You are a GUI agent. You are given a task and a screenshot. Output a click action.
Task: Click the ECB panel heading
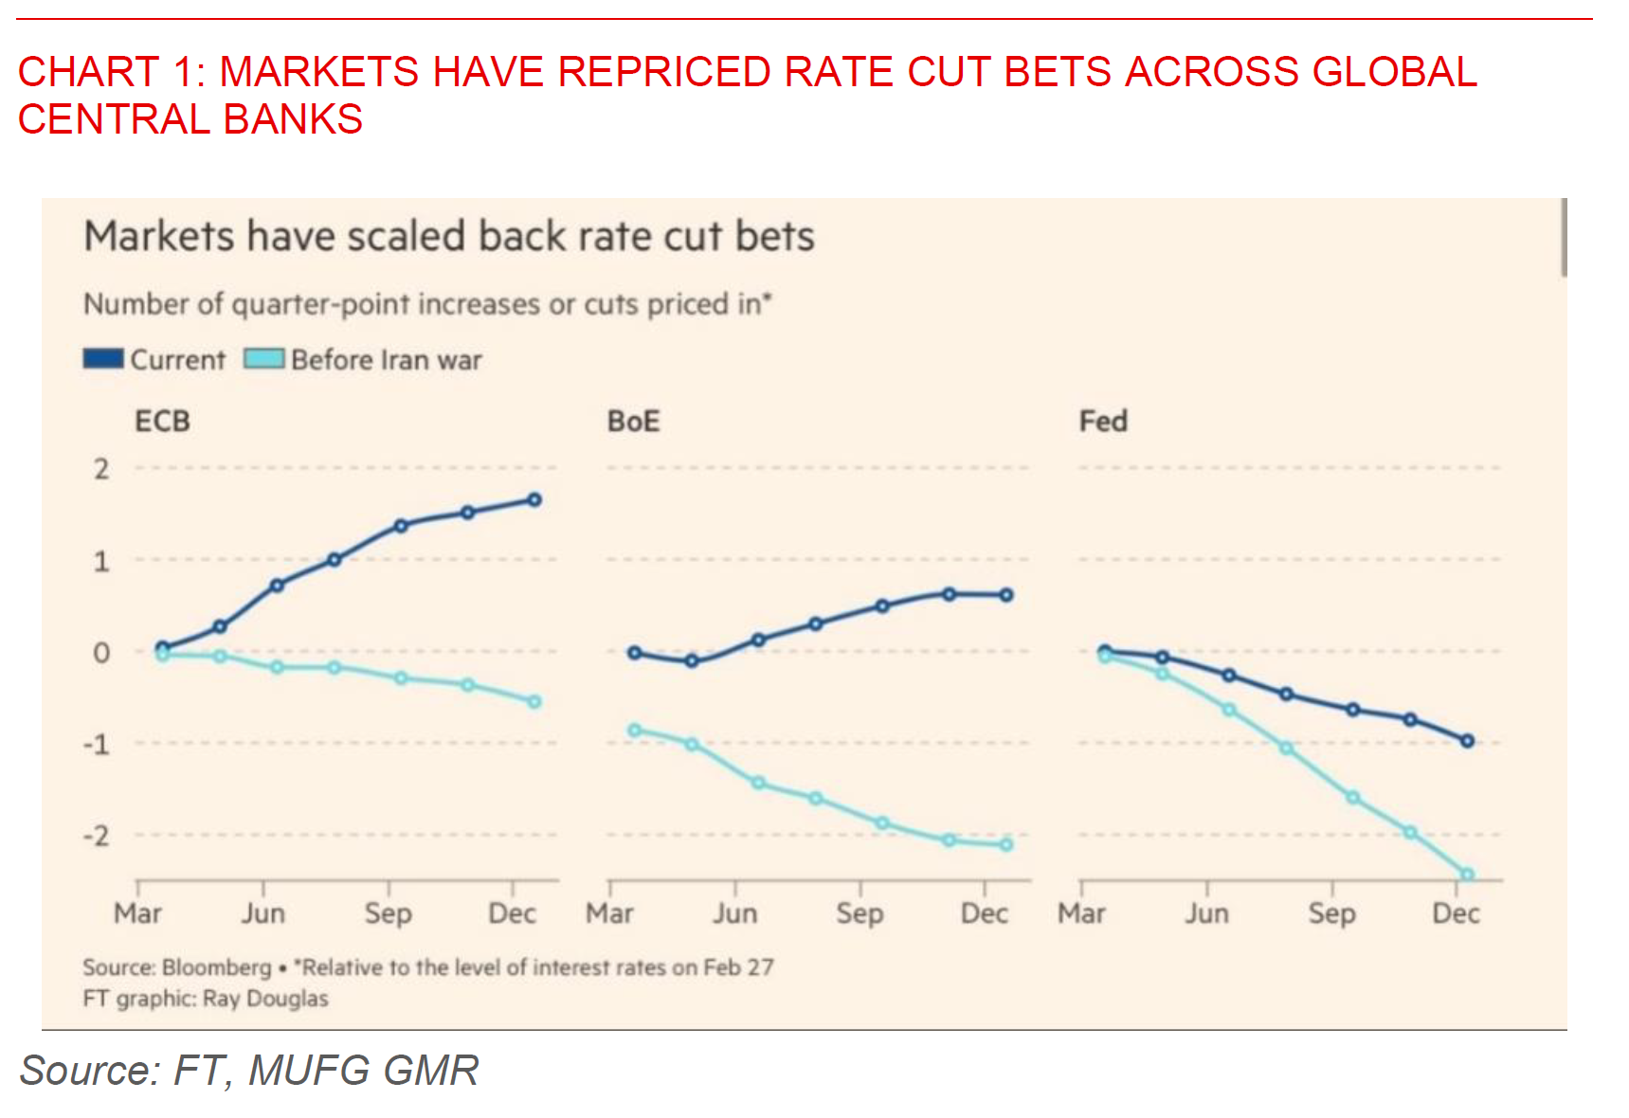coord(162,421)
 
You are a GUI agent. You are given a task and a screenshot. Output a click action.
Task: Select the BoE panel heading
coord(633,421)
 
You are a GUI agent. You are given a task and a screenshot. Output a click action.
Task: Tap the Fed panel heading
coord(1103,421)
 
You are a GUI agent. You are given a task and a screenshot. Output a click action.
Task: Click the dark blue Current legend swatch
coord(103,359)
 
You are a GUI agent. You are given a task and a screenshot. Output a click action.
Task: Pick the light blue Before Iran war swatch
coord(263,359)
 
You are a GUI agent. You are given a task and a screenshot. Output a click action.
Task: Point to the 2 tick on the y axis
coord(101,469)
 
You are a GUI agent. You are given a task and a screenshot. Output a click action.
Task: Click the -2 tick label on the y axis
coord(97,836)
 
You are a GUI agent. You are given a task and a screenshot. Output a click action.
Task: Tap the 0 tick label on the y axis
coord(101,653)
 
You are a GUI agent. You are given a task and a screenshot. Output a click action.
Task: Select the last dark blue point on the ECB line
coord(534,499)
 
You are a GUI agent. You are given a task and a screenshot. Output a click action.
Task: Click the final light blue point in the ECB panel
coord(534,702)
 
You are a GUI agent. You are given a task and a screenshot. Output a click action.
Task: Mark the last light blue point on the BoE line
coord(1006,844)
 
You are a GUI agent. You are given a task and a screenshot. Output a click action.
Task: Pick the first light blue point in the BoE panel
coord(635,730)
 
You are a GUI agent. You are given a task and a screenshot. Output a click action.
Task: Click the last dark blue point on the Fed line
coord(1467,741)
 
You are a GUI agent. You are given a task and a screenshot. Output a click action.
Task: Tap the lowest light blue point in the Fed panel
coord(1467,875)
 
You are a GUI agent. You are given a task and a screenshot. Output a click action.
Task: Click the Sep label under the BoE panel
coord(860,913)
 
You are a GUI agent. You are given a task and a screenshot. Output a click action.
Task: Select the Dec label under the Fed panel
coord(1456,913)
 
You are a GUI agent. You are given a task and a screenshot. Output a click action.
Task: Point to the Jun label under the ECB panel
coord(262,913)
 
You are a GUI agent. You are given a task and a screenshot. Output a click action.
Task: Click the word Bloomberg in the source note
coord(217,967)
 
